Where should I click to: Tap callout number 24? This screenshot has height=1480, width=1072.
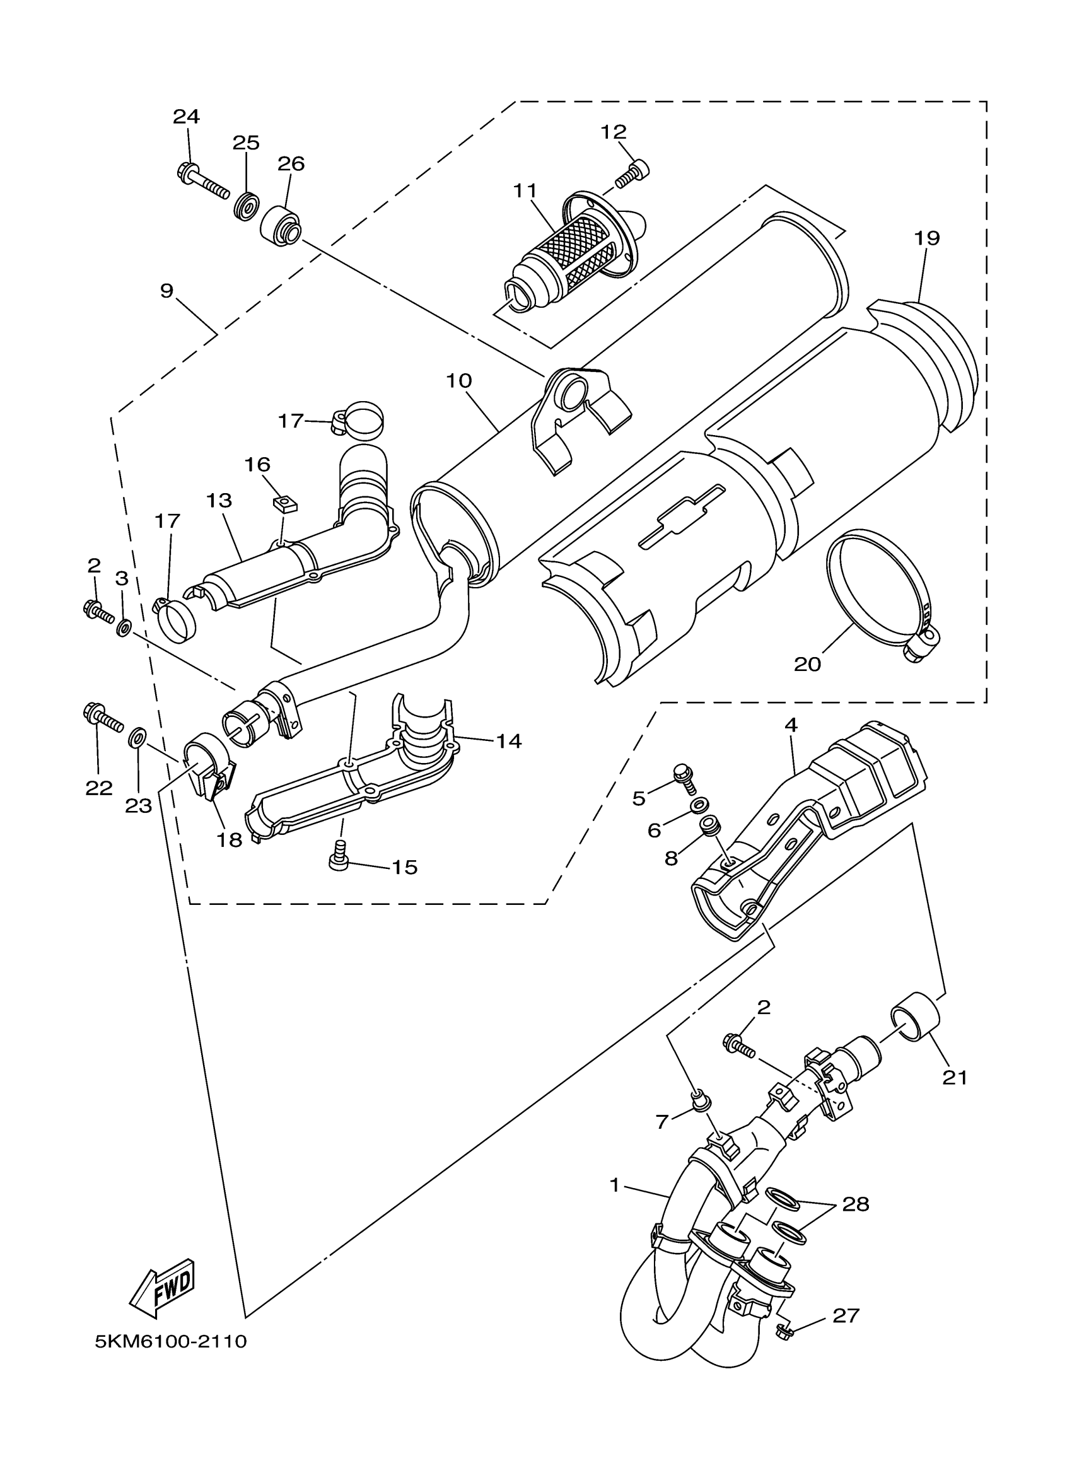pos(186,117)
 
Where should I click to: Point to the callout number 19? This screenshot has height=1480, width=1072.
pos(926,239)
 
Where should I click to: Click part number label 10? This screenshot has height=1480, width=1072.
pos(459,380)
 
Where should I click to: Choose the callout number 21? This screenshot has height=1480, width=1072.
pos(955,1078)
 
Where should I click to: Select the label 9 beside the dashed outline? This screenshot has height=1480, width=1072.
pos(167,291)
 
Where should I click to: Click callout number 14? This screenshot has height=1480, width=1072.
pos(508,741)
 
